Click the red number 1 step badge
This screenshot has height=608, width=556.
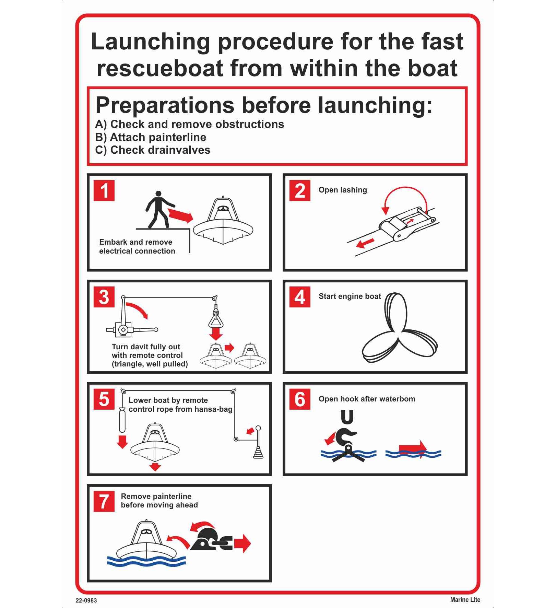point(104,190)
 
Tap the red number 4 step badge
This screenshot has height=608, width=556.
point(300,297)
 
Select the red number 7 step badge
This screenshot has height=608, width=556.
point(104,502)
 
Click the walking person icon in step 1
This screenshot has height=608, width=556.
point(159,210)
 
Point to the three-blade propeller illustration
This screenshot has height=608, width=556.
point(400,327)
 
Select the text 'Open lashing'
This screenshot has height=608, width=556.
point(343,190)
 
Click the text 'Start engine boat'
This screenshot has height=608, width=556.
point(350,296)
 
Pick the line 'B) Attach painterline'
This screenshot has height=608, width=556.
point(151,137)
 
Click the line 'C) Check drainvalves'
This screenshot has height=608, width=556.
point(153,150)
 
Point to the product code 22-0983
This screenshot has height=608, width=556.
point(86,600)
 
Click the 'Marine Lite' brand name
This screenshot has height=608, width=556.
point(465,600)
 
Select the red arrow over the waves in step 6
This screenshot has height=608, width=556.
point(413,447)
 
